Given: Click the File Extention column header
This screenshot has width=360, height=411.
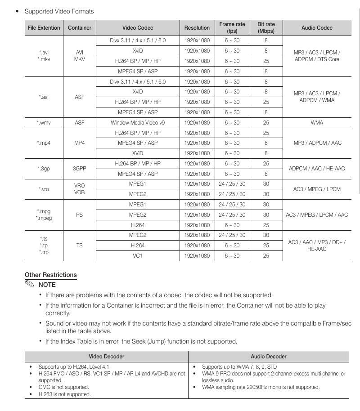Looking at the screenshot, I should point(44,27).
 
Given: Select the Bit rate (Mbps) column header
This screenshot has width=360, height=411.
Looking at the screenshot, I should point(266,27).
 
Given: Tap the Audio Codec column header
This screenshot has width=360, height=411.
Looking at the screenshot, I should point(317,27).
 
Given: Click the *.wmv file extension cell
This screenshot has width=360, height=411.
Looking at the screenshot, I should point(44,123).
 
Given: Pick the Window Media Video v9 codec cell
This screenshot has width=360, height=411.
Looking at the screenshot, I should point(138,123).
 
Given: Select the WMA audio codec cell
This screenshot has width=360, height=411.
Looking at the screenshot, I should point(317,123).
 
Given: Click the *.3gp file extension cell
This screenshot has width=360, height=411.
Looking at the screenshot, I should point(44,169).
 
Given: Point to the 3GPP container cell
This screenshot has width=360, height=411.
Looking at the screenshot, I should point(79,169).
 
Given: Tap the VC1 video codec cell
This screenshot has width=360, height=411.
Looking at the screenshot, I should point(138,256).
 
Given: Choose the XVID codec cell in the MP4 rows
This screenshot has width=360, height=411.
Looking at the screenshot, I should point(138,153).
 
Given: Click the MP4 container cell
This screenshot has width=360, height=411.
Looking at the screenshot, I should point(79,143).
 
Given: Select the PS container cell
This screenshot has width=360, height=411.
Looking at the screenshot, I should point(79,215).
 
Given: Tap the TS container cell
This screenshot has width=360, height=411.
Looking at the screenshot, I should point(79,246).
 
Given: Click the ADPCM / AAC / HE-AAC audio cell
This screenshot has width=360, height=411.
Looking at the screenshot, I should point(317,169).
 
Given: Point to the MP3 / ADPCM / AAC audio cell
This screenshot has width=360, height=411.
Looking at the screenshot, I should point(317,143).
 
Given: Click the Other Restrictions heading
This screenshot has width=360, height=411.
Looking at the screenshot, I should point(51,275).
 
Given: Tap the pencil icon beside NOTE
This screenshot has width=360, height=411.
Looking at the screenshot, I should point(30,284).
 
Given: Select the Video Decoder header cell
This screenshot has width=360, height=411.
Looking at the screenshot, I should point(106,357).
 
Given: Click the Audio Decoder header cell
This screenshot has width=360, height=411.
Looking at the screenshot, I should point(269,357).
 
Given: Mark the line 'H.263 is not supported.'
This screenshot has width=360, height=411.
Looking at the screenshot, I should point(64,394).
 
